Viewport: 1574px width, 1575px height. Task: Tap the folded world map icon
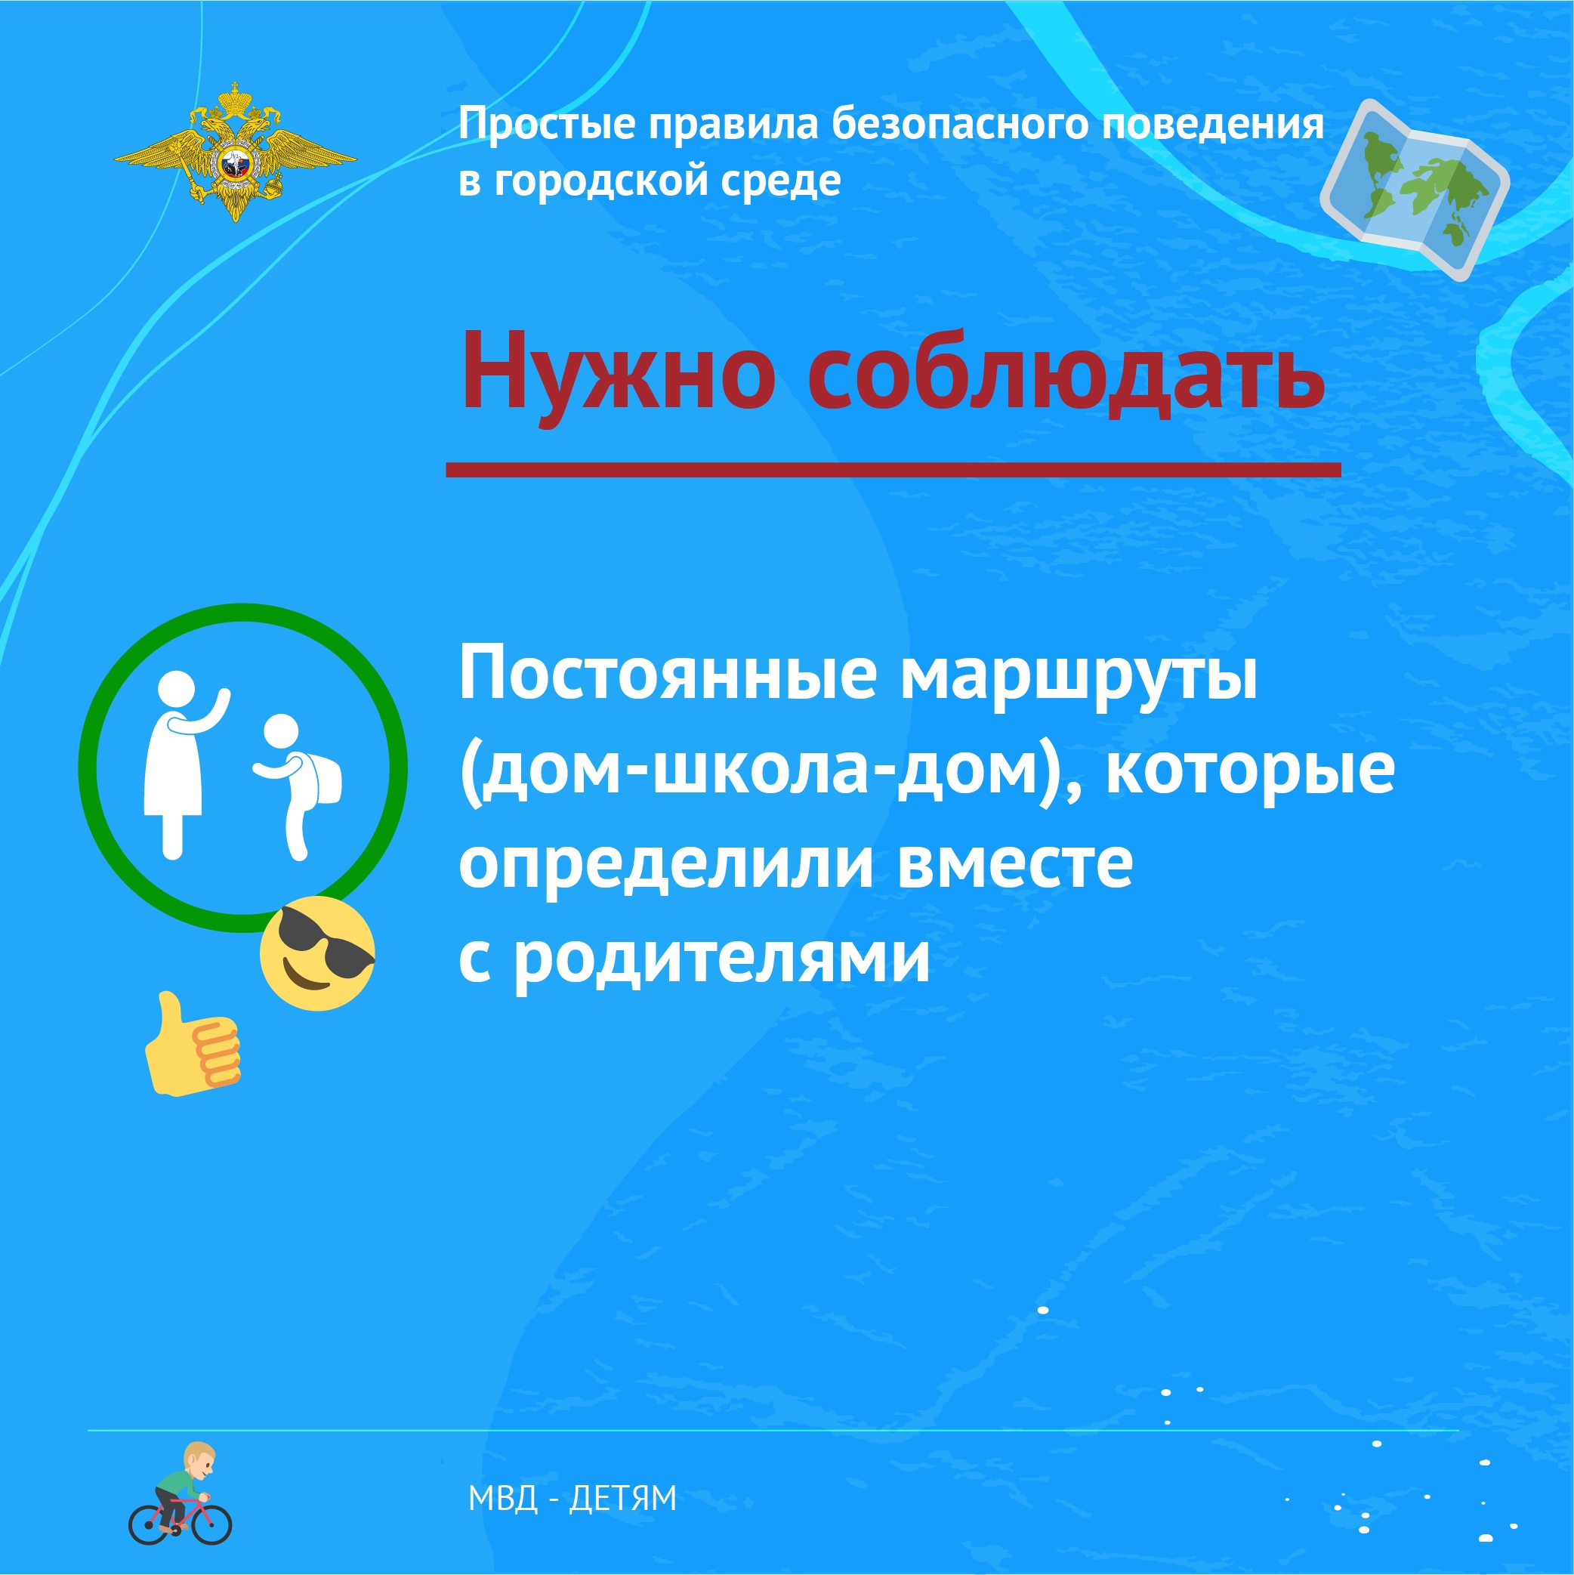1413,189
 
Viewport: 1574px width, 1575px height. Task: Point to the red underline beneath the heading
893,469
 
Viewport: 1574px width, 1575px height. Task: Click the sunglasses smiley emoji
317,953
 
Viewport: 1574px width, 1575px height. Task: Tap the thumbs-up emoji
193,1043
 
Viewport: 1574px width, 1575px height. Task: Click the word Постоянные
668,674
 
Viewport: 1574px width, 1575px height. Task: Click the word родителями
722,959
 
